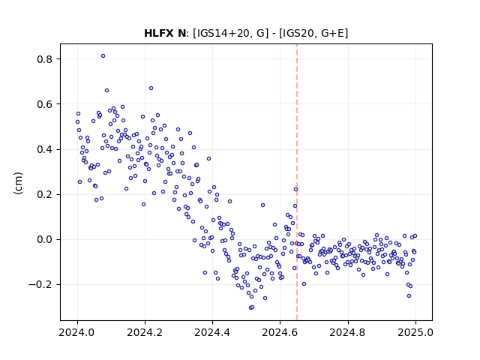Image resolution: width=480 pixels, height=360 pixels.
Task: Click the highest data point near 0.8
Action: pyautogui.click(x=103, y=56)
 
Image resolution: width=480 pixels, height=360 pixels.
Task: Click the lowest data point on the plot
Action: pyautogui.click(x=250, y=307)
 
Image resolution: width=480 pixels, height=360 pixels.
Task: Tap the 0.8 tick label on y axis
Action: pyautogui.click(x=44, y=59)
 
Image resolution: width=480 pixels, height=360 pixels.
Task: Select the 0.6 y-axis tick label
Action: pyautogui.click(x=44, y=104)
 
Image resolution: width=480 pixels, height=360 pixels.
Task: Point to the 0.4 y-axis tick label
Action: pyautogui.click(x=44, y=150)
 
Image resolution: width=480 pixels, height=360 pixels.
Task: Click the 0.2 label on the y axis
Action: pyautogui.click(x=44, y=195)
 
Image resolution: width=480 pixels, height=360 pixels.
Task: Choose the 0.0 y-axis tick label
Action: pyautogui.click(x=44, y=240)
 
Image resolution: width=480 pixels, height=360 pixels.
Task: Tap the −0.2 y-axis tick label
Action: pyautogui.click(x=40, y=285)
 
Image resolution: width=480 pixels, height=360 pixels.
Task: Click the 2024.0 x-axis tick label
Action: pyautogui.click(x=77, y=332)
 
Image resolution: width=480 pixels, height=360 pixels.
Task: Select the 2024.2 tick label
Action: pyautogui.click(x=145, y=332)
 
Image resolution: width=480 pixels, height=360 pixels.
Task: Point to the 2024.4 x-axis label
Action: pyautogui.click(x=212, y=332)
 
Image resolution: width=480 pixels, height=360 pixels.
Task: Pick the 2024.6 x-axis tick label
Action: pyautogui.click(x=280, y=332)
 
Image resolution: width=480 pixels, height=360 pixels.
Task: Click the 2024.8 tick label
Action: pyautogui.click(x=347, y=332)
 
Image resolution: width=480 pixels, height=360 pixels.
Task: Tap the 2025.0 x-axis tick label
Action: pyautogui.click(x=415, y=332)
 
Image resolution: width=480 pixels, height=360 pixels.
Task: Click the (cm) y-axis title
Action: pyautogui.click(x=18, y=183)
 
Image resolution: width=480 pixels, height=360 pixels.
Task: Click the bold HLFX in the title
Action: pyautogui.click(x=159, y=33)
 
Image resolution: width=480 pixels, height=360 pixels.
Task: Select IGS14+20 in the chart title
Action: pyautogui.click(x=223, y=33)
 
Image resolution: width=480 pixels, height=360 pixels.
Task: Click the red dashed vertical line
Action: pyautogui.click(x=297, y=182)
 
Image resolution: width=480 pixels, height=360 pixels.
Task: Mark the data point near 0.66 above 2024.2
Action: pyautogui.click(x=151, y=88)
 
